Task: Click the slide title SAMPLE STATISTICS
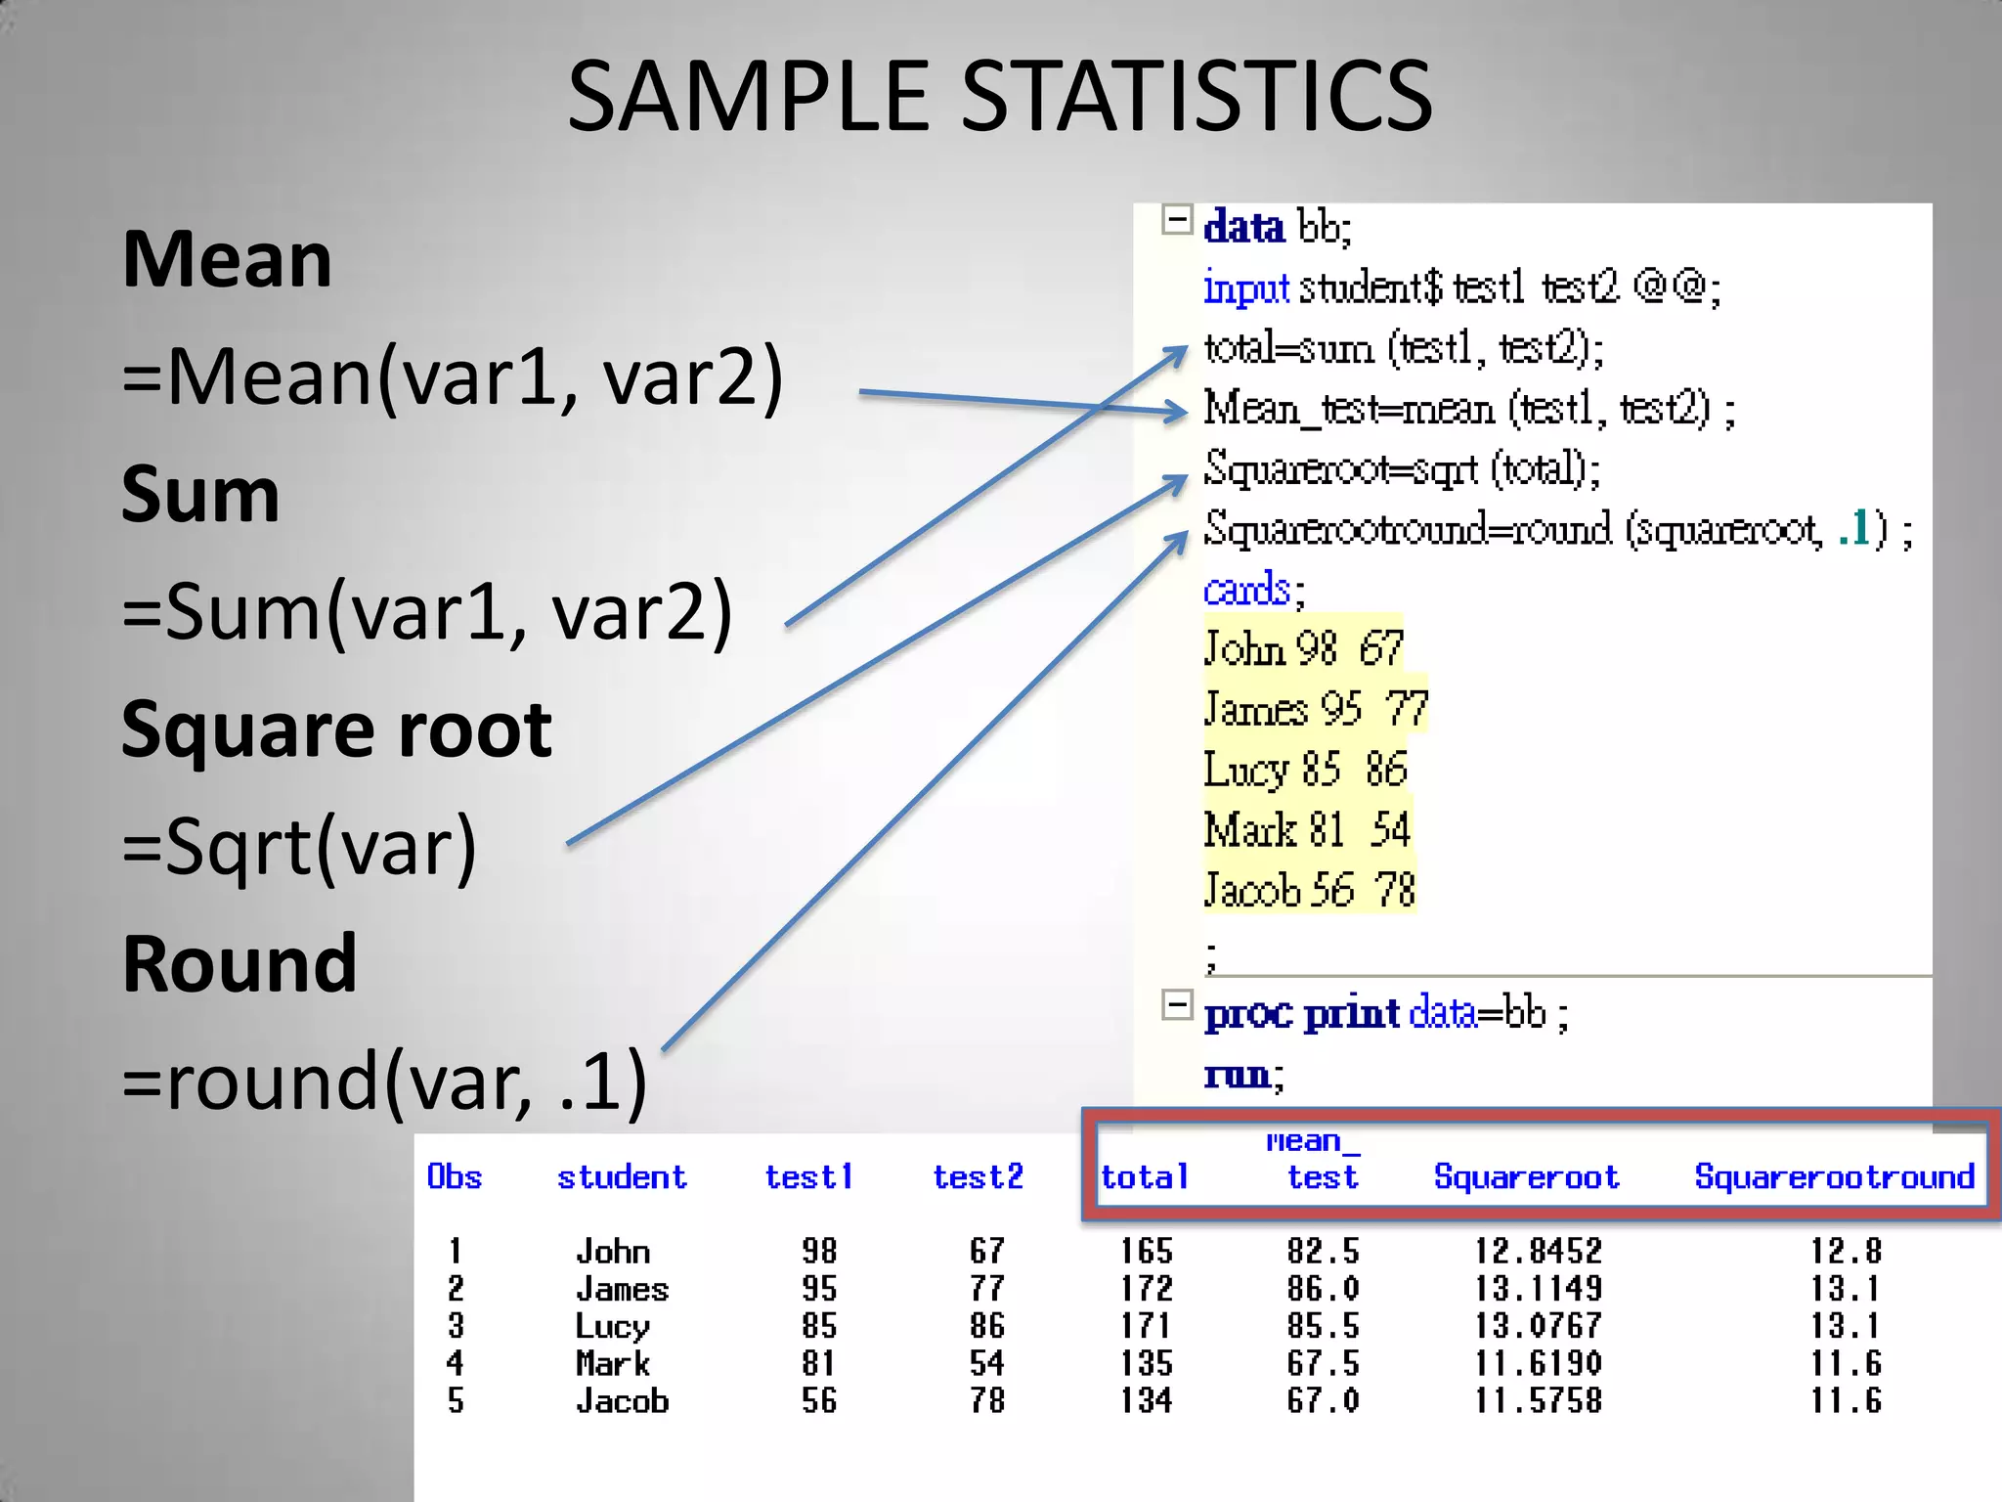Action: (999, 96)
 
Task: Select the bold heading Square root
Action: (336, 729)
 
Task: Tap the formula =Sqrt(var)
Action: (299, 847)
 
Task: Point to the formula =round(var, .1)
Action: (384, 1082)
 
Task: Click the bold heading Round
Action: (239, 964)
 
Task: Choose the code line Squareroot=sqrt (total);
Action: (1401, 469)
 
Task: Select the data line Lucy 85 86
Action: (1305, 770)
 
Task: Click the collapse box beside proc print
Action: (1177, 1004)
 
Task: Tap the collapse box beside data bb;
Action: (1177, 220)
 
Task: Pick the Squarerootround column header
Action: (1834, 1176)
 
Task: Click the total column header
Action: (1144, 1176)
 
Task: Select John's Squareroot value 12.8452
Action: (1538, 1251)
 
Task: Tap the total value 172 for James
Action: (1146, 1289)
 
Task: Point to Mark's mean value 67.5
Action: (1322, 1363)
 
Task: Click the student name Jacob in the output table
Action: (622, 1401)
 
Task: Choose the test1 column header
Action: (808, 1176)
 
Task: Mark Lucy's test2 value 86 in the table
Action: (986, 1326)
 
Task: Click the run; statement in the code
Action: (1242, 1075)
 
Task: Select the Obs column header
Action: (455, 1176)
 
